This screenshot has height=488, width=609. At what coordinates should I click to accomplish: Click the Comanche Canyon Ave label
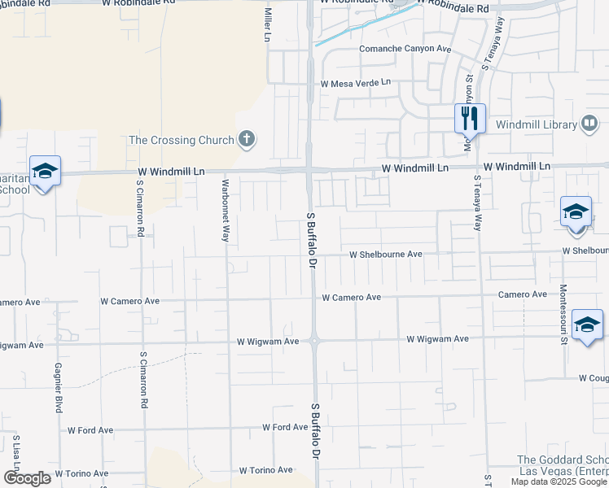(405, 49)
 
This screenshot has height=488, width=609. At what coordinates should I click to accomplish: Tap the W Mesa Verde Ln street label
(356, 83)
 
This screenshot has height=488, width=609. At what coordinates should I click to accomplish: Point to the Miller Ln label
(266, 26)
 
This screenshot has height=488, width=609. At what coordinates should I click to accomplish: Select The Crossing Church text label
(181, 140)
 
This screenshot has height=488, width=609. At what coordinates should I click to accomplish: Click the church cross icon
(247, 140)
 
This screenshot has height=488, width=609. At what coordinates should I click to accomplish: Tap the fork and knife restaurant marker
(469, 118)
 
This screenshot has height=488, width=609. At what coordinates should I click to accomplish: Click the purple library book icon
(589, 124)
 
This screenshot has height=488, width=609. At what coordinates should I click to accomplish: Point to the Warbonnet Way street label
(226, 211)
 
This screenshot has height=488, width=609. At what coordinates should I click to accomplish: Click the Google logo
(27, 478)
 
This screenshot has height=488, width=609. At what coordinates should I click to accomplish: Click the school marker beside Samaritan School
(45, 172)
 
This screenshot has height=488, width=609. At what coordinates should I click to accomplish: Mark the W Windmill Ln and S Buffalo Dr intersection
(310, 170)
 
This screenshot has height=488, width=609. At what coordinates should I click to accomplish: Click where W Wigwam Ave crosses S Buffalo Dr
(313, 341)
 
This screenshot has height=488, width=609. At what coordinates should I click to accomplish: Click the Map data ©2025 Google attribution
(559, 481)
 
